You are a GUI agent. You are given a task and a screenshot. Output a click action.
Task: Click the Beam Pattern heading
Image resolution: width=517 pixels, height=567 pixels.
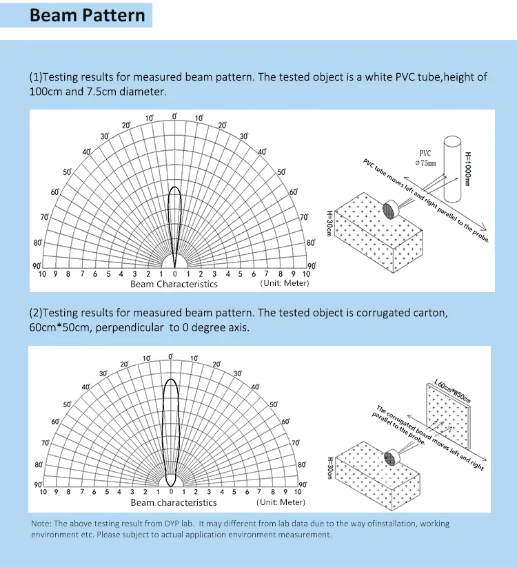pyautogui.click(x=88, y=16)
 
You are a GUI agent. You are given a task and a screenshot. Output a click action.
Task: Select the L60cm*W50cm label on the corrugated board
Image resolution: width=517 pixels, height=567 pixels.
pyautogui.click(x=453, y=390)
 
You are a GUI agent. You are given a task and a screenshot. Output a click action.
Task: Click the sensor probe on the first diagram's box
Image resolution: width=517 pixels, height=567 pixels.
pyautogui.click(x=394, y=209)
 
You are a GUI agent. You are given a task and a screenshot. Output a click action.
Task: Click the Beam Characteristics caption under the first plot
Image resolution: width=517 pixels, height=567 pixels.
pyautogui.click(x=174, y=284)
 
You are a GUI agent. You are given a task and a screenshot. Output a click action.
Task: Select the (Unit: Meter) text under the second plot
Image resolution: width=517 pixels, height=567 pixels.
pyautogui.click(x=281, y=502)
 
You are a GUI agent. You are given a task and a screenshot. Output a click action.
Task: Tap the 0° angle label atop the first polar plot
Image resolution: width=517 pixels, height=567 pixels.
pyautogui.click(x=174, y=116)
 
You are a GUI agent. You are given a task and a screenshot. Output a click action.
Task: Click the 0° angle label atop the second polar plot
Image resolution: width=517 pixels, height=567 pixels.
pyautogui.click(x=171, y=356)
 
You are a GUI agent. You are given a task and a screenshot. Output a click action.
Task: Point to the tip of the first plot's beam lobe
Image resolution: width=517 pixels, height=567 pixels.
pyautogui.click(x=174, y=187)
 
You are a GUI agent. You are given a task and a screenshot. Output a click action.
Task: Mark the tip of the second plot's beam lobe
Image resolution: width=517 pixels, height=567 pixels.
pyautogui.click(x=171, y=380)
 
